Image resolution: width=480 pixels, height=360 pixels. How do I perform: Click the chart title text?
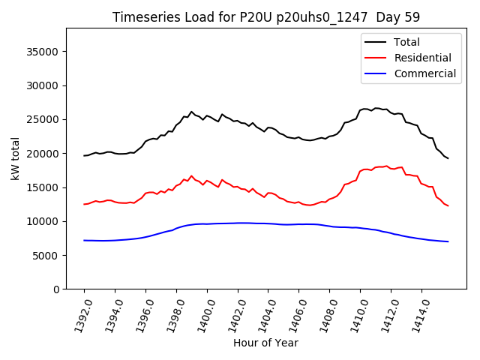tap(266, 17)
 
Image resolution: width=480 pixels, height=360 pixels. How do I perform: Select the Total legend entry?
tap(406, 42)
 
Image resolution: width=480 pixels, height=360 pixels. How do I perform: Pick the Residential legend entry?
tap(422, 58)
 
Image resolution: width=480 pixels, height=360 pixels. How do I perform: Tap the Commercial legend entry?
tap(424, 73)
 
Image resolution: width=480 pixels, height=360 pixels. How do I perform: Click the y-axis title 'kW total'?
tap(15, 158)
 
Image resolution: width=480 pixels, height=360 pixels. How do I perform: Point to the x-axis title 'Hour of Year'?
tap(265, 343)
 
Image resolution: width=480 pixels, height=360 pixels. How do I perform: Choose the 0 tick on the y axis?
tap(57, 289)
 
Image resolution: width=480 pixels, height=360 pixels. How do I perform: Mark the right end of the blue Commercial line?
tap(448, 241)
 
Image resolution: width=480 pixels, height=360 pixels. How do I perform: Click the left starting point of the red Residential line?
tap(84, 204)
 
